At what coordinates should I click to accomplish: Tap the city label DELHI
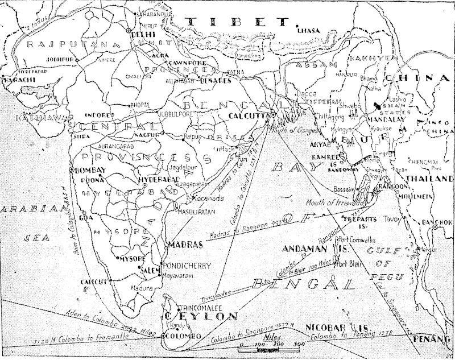click(x=144, y=34)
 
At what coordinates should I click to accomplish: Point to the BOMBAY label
click(x=89, y=170)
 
